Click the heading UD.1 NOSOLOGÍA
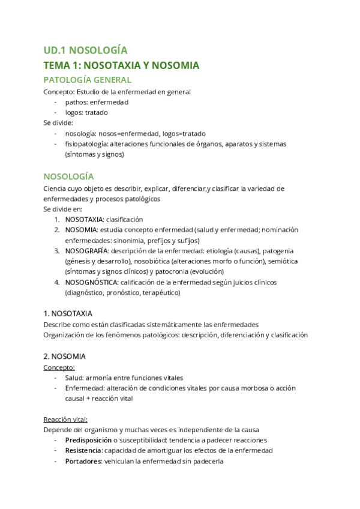pyautogui.click(x=85, y=50)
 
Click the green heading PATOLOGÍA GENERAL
pyautogui.click(x=88, y=79)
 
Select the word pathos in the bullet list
pyautogui.click(x=76, y=102)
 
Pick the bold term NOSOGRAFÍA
pyautogui.click(x=87, y=251)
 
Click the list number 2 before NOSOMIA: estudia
pyautogui.click(x=56, y=230)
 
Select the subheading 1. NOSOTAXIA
pyautogui.click(x=68, y=313)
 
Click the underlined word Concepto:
pyautogui.click(x=58, y=367)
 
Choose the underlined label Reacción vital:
pyautogui.click(x=65, y=420)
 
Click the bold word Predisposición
pyautogui.click(x=90, y=441)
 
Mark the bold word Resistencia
pyautogui.click(x=83, y=451)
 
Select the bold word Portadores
pyautogui.click(x=83, y=462)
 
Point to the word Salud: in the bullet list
pyautogui.click(x=74, y=378)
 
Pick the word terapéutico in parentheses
pyautogui.click(x=160, y=293)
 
